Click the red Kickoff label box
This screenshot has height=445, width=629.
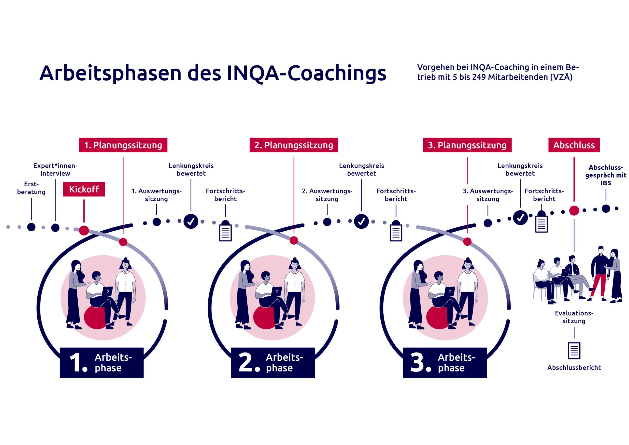(84, 189)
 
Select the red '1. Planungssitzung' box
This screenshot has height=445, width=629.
(123, 145)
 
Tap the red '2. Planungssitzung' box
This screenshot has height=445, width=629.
(294, 145)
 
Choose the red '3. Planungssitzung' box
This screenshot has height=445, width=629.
(467, 145)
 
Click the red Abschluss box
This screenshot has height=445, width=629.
(574, 145)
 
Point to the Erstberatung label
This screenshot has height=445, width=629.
(31, 188)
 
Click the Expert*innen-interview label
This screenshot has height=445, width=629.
(55, 169)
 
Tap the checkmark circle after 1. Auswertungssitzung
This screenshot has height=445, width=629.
(191, 221)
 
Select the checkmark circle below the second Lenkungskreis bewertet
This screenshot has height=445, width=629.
(361, 221)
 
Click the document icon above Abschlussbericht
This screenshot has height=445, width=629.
(574, 350)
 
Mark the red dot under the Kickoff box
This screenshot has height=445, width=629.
(84, 231)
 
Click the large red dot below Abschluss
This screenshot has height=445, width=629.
(574, 210)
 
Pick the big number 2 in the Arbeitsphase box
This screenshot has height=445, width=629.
(246, 362)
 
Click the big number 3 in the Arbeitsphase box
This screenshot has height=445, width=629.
(418, 362)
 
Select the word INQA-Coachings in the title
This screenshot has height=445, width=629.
(307, 73)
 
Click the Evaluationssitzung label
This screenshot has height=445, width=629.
(574, 317)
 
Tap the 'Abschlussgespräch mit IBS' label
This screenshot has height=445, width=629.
(606, 175)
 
